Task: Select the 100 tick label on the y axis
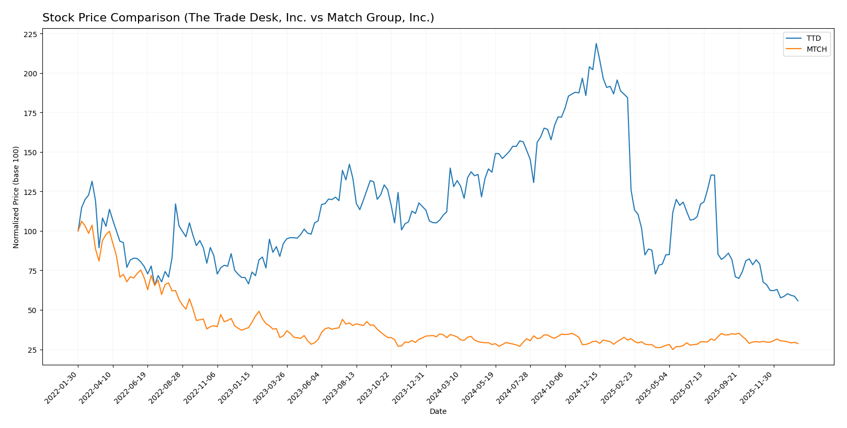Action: [x=30, y=232]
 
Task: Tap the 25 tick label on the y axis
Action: [x=32, y=350]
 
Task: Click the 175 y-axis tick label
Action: [x=30, y=113]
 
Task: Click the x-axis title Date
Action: [x=438, y=412]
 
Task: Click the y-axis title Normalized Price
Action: [x=16, y=197]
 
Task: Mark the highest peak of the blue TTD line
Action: [x=596, y=43]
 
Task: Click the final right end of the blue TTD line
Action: [x=798, y=300]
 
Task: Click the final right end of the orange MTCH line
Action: [x=798, y=343]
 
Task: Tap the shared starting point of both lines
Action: [x=78, y=231]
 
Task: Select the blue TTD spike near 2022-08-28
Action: [x=175, y=204]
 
